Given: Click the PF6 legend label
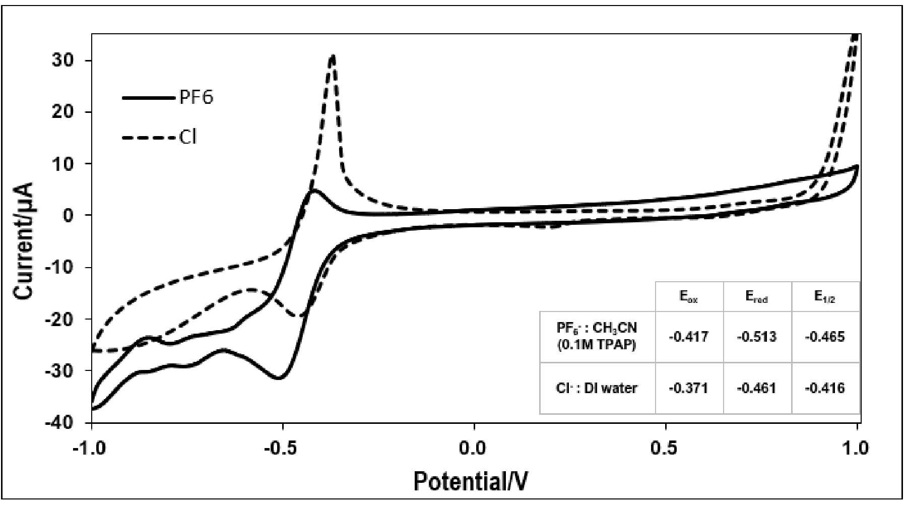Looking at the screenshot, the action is coord(196,97).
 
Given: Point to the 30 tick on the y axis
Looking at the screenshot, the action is coord(62,60).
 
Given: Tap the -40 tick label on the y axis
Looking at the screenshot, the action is coord(59,422).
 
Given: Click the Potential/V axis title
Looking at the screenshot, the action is coord(471,481).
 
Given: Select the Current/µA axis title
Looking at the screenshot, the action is coord(24,240).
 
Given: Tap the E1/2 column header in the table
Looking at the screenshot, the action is coord(825,297).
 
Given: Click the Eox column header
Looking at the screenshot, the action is coord(688,297).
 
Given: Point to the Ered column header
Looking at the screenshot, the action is coord(756,297).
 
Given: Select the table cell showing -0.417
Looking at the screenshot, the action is coord(688,337).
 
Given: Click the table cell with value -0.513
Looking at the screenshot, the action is coord(756,337).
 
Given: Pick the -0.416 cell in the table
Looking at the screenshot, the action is coord(825,388).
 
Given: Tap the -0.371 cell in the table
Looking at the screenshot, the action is coord(688,388).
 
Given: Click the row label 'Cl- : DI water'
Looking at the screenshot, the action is coord(597,388).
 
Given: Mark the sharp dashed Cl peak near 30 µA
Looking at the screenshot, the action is coord(332,56).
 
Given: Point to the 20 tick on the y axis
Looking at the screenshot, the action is coord(62,112).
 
